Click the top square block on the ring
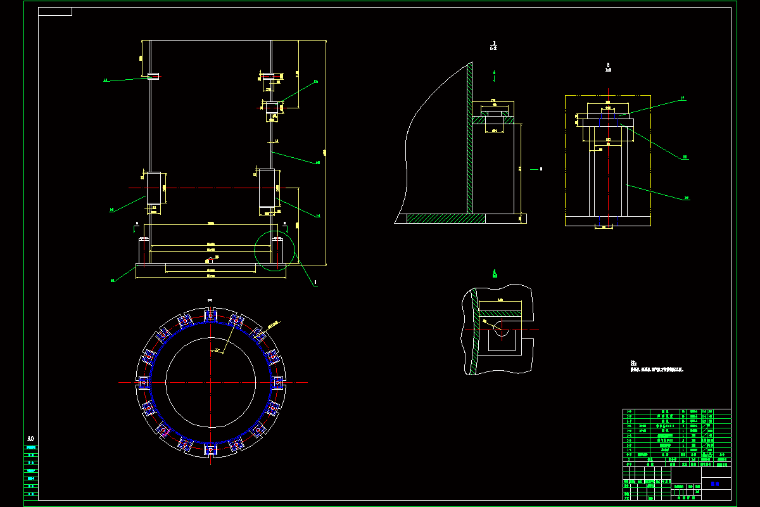[x=210, y=315]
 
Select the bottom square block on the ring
[x=210, y=449]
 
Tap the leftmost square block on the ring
[x=143, y=382]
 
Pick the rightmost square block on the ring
[x=277, y=382]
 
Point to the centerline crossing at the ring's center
[x=210, y=382]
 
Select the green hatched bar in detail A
[x=499, y=312]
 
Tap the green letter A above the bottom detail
[x=494, y=273]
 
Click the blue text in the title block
[x=715, y=484]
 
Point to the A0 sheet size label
[x=30, y=439]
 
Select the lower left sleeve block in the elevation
[x=155, y=188]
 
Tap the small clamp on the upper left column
[x=153, y=76]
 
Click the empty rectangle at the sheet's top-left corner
[x=55, y=11]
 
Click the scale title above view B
[x=608, y=67]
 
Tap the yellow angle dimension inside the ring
[x=217, y=349]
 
